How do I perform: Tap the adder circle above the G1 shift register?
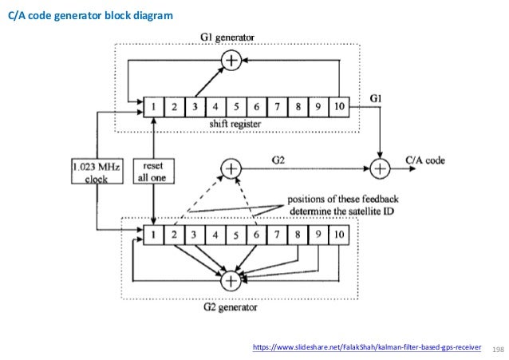(x=231, y=60)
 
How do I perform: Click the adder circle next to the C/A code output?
(x=380, y=169)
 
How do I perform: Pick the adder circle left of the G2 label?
(x=231, y=168)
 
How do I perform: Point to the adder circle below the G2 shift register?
(x=231, y=280)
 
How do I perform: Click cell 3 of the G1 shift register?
(x=194, y=105)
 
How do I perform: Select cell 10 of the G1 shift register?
(x=338, y=105)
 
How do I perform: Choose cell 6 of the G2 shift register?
(x=256, y=235)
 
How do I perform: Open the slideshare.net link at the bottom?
(x=366, y=348)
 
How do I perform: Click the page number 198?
(x=500, y=349)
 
